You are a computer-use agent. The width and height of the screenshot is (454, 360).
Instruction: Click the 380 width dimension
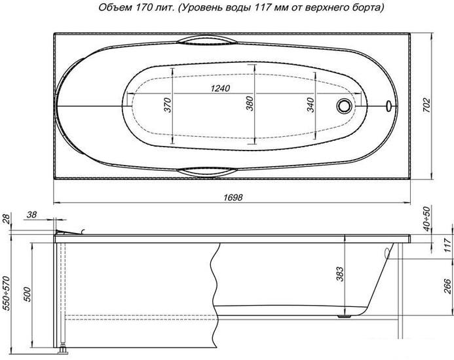250,105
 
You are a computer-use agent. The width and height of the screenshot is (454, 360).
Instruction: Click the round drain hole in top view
343,105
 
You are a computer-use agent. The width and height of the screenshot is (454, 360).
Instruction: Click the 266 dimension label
446,285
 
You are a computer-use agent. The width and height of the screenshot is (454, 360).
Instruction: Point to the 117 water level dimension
446,247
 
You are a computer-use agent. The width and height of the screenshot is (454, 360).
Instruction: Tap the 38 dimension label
32,215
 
